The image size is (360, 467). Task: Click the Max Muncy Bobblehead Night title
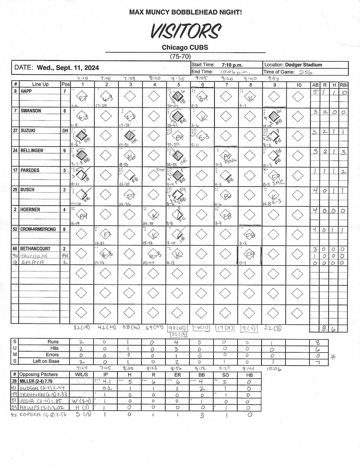coord(185,12)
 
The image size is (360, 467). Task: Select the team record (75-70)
coord(180,57)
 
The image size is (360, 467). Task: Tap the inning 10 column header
coord(298,85)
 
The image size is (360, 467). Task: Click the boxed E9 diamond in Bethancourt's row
coord(250,255)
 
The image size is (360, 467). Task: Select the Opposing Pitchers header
coord(38,375)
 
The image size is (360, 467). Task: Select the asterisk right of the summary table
coord(333,358)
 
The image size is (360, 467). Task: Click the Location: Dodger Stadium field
coord(293,65)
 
